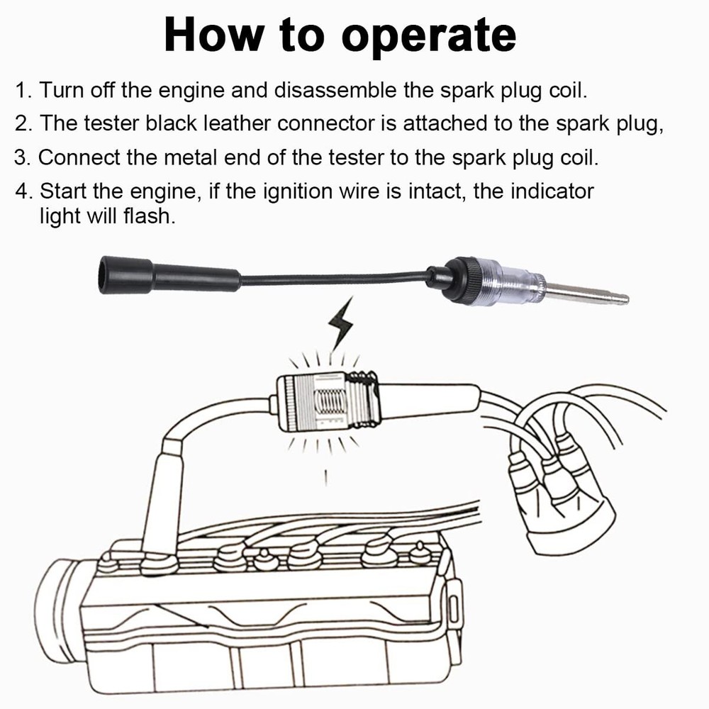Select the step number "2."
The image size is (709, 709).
[25, 123]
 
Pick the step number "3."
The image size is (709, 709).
[25, 157]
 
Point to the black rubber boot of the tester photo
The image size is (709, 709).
[125, 275]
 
